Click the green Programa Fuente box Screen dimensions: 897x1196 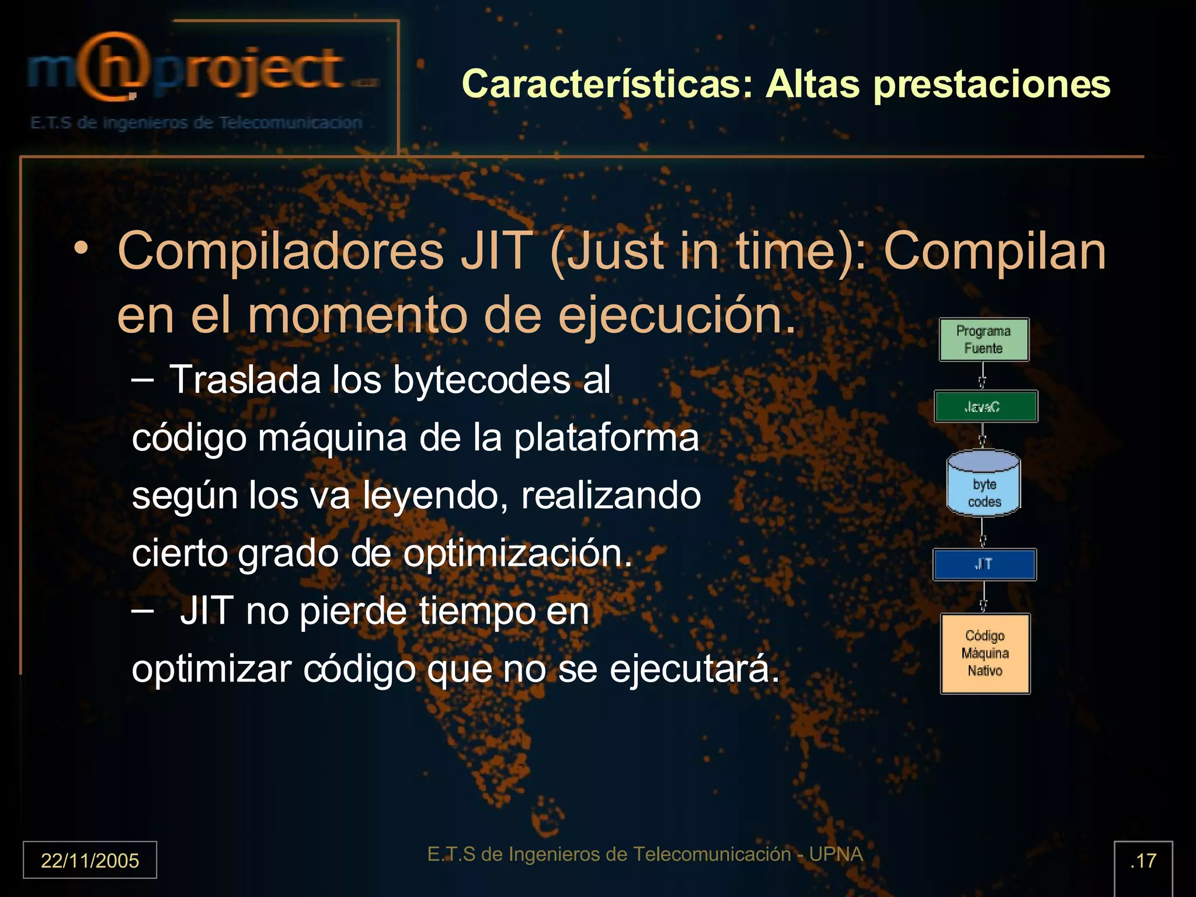coord(983,339)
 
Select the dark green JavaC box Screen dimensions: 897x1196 coord(985,406)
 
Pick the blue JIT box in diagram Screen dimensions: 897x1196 coord(984,564)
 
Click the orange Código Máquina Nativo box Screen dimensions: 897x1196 coord(985,653)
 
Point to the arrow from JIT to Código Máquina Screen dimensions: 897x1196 coord(983,597)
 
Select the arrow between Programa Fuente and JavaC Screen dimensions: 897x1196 coord(983,376)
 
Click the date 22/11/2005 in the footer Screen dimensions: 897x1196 coord(90,860)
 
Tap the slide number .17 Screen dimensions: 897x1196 coord(1143,860)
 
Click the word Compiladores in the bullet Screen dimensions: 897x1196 coord(280,251)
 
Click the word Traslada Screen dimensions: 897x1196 coord(245,380)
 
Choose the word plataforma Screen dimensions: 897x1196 coord(606,438)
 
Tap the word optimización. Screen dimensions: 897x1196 coord(517,553)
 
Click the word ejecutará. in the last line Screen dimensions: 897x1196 coord(694,669)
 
